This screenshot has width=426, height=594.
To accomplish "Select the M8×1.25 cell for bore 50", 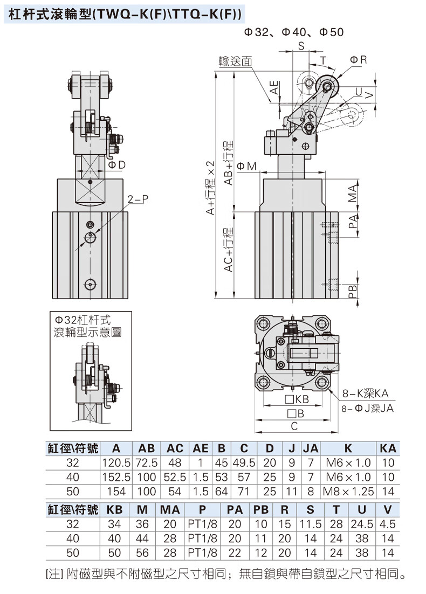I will (348, 492).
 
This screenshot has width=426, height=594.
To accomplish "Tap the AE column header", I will (201, 448).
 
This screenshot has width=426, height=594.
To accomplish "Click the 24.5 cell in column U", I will (362, 524).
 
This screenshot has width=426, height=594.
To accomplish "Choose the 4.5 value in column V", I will (388, 524).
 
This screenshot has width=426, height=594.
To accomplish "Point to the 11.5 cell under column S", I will (311, 524).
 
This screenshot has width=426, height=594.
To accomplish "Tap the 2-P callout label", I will (138, 201).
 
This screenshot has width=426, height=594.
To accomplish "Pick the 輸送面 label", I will (235, 61).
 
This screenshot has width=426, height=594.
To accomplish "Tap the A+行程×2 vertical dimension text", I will (211, 189).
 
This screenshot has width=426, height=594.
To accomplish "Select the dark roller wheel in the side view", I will (327, 86).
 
